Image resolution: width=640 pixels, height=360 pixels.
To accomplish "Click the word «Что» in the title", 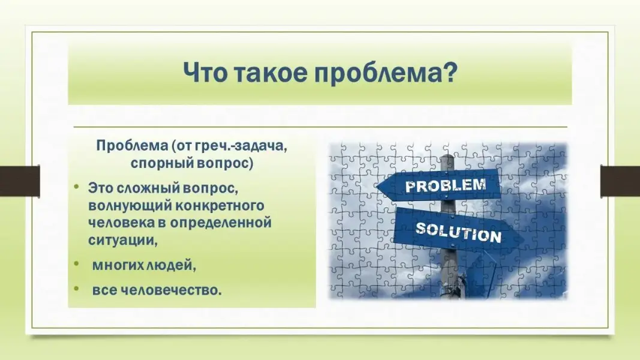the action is tap(204, 73).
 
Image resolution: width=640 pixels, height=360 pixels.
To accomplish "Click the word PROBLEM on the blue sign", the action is tap(445, 185).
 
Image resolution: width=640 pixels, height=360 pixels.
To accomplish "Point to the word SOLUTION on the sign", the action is tap(458, 232).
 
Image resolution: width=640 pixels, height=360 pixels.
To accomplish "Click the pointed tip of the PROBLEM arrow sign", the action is tap(376, 187).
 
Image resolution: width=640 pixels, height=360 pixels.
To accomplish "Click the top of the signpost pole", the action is tap(447, 157).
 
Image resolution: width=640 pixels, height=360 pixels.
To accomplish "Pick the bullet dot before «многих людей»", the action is tap(76, 263).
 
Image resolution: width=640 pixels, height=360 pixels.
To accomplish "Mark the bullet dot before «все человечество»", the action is tap(76, 289).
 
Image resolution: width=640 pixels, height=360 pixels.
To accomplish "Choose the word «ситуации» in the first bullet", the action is tap(123, 240).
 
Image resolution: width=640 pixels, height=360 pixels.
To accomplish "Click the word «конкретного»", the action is tap(220, 205).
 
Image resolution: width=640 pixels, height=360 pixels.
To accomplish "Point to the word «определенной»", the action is tap(221, 223).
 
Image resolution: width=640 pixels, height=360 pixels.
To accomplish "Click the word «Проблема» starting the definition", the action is tap(132, 145).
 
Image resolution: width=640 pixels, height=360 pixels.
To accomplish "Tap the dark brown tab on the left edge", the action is tap(20, 181).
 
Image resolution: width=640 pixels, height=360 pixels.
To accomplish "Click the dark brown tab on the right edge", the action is tap(620, 181).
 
